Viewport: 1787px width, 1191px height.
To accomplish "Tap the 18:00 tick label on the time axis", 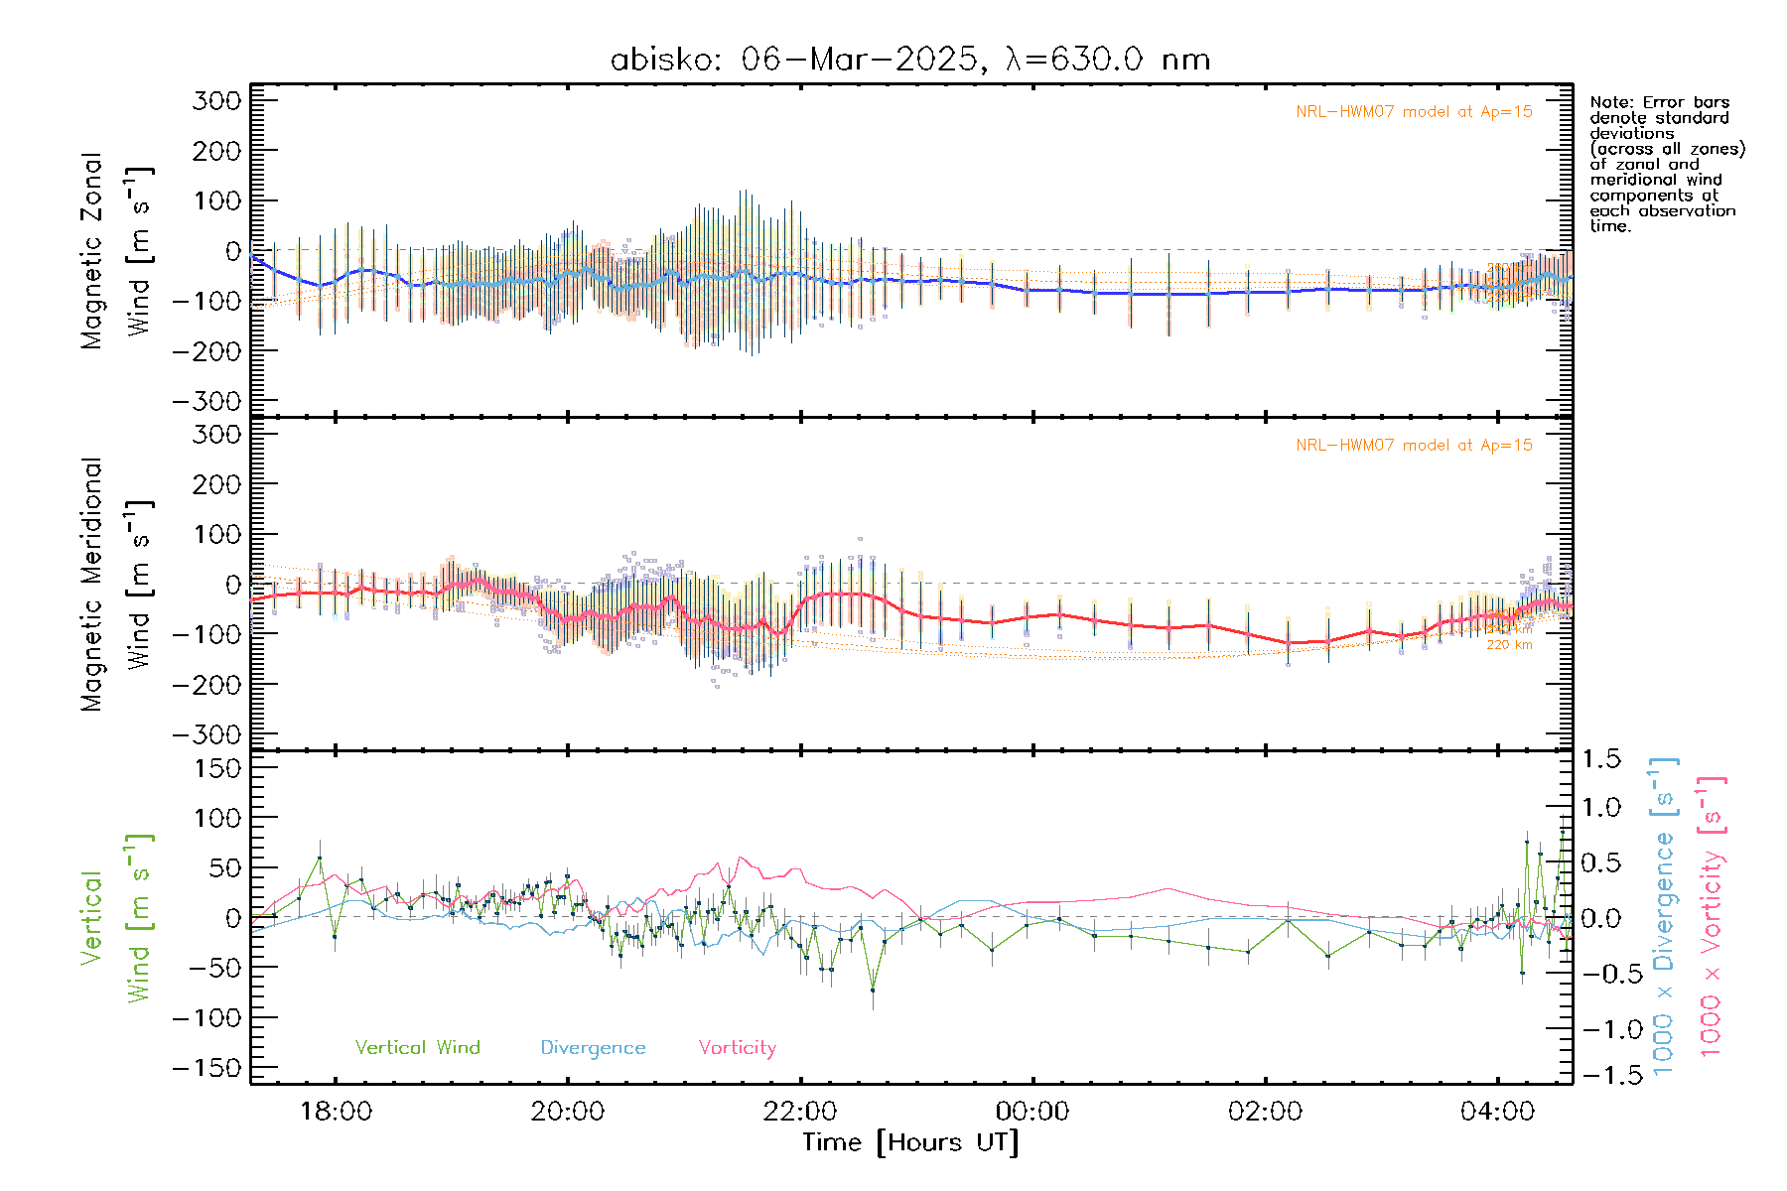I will point(336,1112).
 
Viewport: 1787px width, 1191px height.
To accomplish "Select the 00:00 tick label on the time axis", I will point(1032,1112).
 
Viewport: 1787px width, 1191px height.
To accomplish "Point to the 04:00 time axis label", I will point(1497,1112).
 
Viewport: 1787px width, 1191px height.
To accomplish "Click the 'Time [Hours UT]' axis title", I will point(910,1142).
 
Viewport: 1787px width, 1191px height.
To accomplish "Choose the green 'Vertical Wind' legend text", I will point(417,1047).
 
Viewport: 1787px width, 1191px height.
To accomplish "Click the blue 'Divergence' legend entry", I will point(593,1047).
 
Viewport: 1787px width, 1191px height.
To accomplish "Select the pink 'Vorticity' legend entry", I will point(737,1047).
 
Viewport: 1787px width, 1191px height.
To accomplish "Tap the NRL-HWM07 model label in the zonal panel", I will point(1414,112).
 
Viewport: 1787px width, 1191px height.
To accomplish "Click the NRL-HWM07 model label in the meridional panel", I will point(1414,446).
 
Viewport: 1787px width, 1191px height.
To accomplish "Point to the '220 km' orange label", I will point(1509,645).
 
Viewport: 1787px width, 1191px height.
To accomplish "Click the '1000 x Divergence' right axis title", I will point(1664,917).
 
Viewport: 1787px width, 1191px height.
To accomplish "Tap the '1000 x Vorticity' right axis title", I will point(1712,917).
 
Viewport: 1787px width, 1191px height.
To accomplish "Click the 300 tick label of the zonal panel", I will point(217,100).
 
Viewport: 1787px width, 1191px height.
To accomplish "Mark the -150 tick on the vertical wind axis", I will point(206,1068).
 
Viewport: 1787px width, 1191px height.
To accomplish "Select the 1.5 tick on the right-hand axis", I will point(1600,759).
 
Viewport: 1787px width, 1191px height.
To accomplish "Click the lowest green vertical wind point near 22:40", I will point(873,990).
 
